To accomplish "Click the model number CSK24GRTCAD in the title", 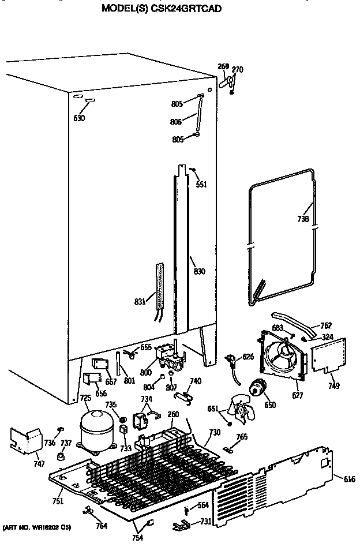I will pos(188,9).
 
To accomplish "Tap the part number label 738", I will pos(303,219).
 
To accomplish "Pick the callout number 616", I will pos(350,479).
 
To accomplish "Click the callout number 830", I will pos(199,271).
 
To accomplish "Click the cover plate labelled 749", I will pos(329,356).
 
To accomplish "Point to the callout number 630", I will pos(79,118).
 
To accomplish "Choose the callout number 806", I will pos(176,122).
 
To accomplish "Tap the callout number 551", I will pos(201,185).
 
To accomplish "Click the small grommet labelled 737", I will pos(59,456).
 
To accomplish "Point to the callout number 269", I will pos(223,66).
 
